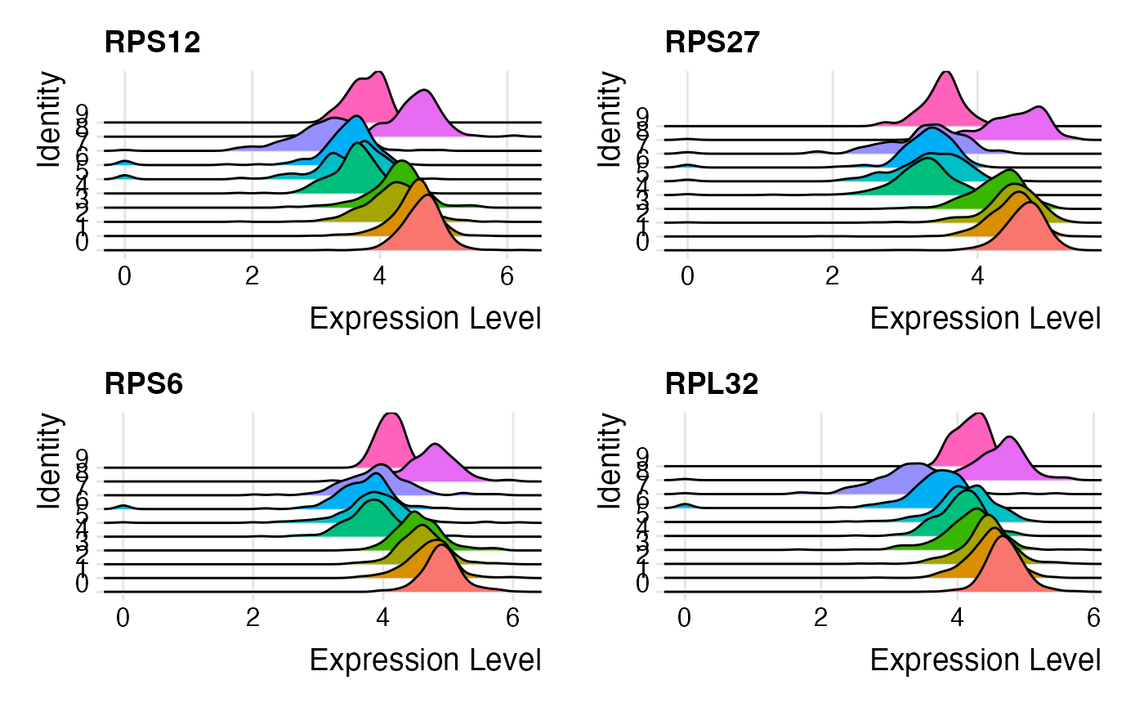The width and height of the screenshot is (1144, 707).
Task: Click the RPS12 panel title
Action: pos(153,43)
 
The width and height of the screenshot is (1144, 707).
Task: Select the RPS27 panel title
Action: pos(713,43)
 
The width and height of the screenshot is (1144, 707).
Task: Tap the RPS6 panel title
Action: pos(144,384)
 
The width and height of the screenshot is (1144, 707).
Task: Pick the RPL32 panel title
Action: pos(713,384)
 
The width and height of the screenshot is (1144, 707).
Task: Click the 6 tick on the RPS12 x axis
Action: pos(507,276)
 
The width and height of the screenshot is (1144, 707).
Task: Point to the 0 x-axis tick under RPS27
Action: pos(687,276)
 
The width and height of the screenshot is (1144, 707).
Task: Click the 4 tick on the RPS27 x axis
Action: pos(978,276)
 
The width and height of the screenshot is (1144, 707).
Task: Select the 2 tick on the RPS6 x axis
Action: pos(253,618)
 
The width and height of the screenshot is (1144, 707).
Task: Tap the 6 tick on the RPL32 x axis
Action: pos(1093,618)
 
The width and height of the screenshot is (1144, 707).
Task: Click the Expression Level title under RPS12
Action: pos(425,319)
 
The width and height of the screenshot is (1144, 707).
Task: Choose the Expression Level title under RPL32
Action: pos(985,660)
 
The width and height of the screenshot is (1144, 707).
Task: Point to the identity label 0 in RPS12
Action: pos(82,243)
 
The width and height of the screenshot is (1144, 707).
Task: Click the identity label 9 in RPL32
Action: pos(642,456)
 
